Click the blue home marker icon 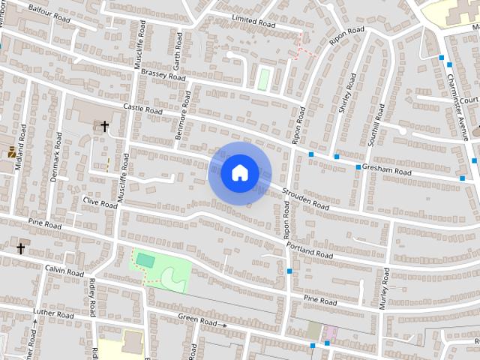tap(239, 172)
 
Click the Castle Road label tap(142, 110)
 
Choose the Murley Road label tap(383, 289)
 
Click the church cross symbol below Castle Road tap(104, 126)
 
